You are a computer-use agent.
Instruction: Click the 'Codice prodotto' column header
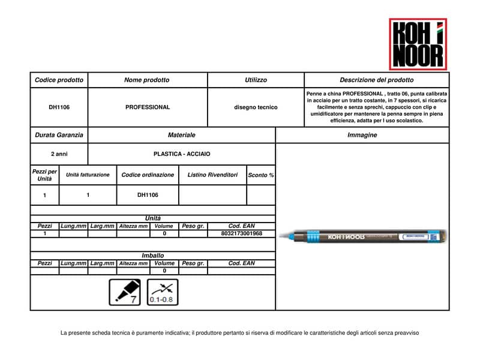59,80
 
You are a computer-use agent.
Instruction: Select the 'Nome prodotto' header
147,80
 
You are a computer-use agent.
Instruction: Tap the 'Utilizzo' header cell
256,80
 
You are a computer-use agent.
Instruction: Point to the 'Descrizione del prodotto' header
376,80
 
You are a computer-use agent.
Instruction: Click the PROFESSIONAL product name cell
148,107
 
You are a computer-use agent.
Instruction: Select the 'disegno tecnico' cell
256,107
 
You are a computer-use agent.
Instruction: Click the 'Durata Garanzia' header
59,135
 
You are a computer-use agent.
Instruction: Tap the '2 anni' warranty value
59,154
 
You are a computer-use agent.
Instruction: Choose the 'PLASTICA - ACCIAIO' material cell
181,154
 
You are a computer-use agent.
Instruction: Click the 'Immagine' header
362,135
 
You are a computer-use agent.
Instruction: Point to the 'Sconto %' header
261,175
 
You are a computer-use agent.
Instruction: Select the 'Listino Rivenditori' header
212,175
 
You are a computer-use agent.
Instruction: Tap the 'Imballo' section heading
152,255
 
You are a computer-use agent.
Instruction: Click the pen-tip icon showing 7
124,292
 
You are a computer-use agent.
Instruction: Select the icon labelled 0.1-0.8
163,292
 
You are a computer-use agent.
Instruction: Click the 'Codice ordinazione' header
148,175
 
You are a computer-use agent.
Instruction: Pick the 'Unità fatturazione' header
88,175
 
